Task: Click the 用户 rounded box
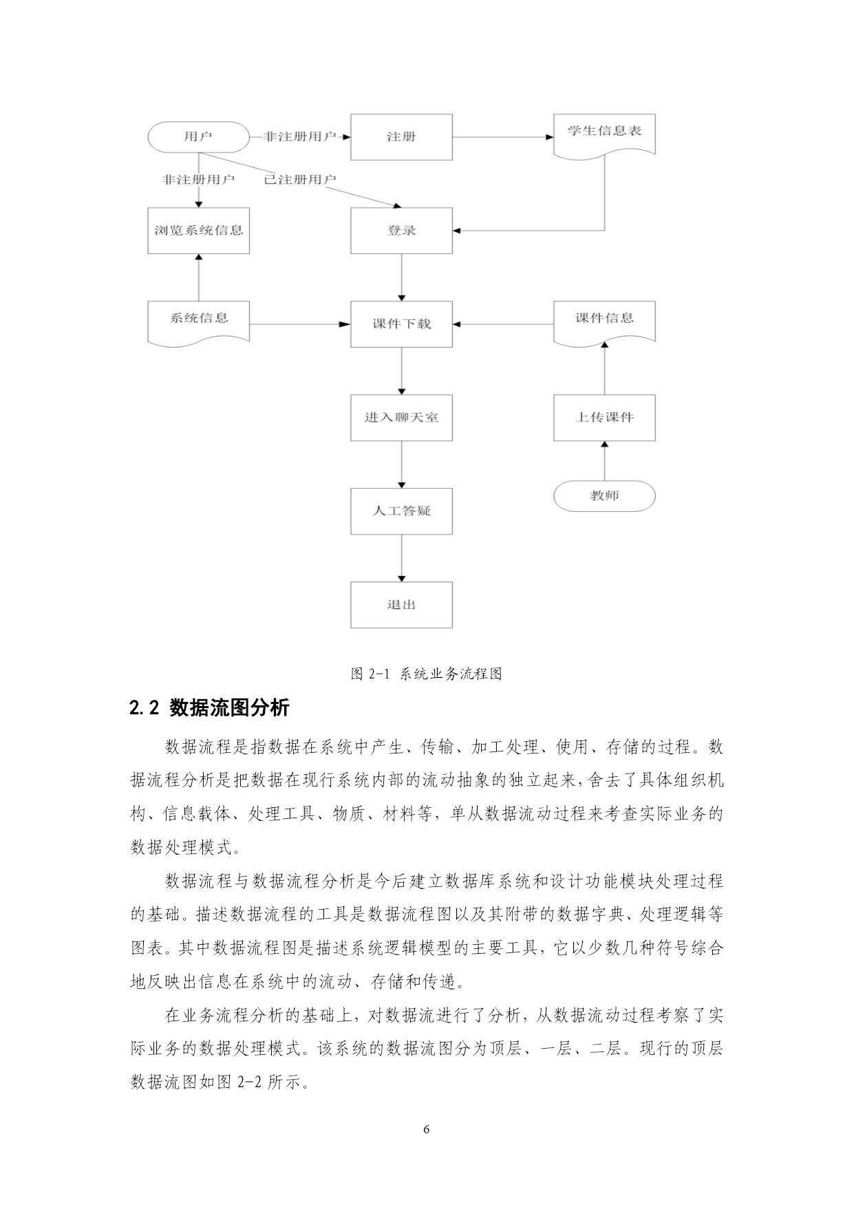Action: click(198, 136)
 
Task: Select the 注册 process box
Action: click(401, 137)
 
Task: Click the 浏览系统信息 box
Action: click(198, 231)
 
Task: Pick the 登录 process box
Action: click(401, 231)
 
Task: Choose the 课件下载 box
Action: click(401, 324)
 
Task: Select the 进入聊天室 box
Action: click(401, 418)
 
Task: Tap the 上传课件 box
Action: click(604, 418)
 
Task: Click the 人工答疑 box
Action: click(401, 511)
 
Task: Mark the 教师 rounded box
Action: click(604, 495)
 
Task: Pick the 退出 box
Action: click(401, 605)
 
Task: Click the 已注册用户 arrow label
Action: click(300, 180)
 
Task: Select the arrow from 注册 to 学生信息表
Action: click(503, 137)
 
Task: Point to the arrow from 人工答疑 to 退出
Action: click(402, 558)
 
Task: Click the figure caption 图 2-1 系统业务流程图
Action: click(427, 674)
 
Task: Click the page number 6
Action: click(427, 1129)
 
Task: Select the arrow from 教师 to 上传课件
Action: click(605, 461)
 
